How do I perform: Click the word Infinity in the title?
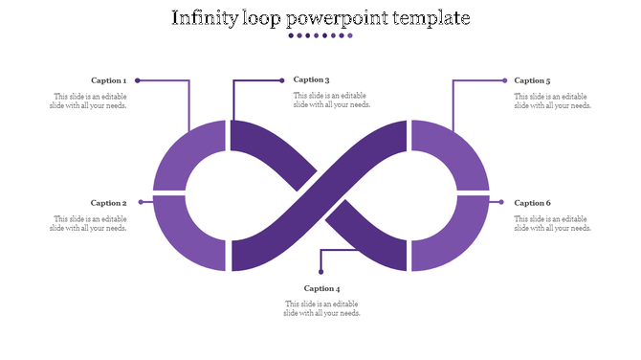[x=205, y=18]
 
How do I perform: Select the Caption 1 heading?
[x=108, y=80]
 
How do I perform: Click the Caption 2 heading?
[x=108, y=203]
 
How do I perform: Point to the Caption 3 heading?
[x=312, y=79]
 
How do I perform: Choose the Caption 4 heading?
[x=322, y=288]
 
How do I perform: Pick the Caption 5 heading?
[x=532, y=80]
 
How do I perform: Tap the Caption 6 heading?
[x=532, y=203]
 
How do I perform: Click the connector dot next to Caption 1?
[x=138, y=80]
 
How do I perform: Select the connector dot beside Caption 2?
[x=141, y=202]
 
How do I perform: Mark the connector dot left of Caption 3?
[x=282, y=79]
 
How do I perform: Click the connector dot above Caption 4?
[x=320, y=273]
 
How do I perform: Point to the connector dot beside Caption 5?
[x=504, y=80]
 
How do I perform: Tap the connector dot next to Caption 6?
[x=501, y=202]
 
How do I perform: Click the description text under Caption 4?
[x=322, y=308]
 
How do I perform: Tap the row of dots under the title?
[x=320, y=35]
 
